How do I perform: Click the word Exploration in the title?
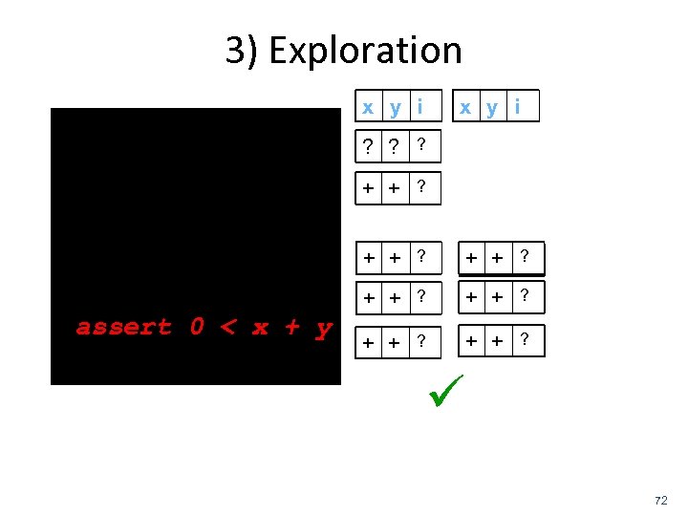pos(365,51)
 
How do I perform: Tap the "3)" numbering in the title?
pos(243,51)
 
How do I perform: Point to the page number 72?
pos(660,500)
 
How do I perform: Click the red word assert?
pos(124,328)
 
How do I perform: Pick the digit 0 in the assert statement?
pos(197,328)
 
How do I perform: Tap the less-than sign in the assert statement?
pos(227,328)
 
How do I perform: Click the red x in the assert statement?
pos(260,328)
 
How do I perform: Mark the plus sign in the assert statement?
pos(291,328)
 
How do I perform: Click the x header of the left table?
pos(368,107)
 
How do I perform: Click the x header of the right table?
pos(465,107)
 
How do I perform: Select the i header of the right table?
pos(518,106)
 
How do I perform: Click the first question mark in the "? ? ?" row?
pos(368,146)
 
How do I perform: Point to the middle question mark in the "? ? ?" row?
pos(394,146)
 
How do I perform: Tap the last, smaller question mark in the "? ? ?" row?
pos(421,145)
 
